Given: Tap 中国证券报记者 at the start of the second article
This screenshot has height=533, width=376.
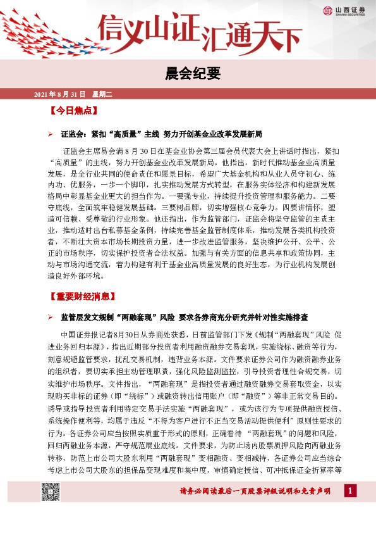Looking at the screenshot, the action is pos(88,333).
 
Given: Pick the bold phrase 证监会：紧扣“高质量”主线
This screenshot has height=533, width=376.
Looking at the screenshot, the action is pos(109,135).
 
